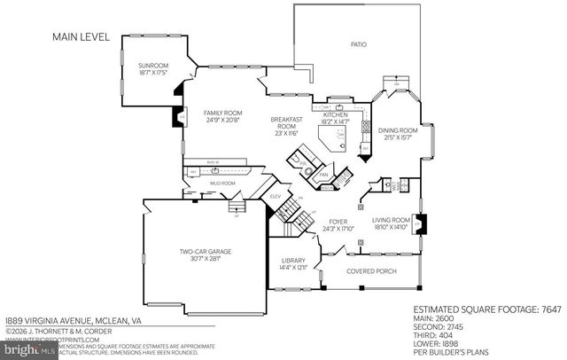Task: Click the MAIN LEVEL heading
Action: click(80, 37)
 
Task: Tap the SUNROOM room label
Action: click(152, 67)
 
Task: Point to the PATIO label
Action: click(358, 44)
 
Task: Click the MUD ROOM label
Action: click(221, 183)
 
